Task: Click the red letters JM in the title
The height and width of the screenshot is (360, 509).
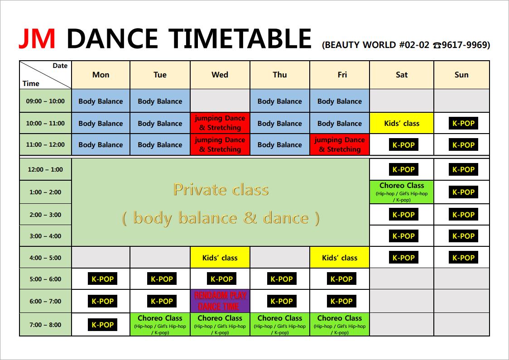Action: (x=37, y=38)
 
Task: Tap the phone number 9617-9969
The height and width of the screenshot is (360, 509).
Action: (x=466, y=45)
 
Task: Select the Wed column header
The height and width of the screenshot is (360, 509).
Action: (x=220, y=75)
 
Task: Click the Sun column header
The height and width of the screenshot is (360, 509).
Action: (x=461, y=75)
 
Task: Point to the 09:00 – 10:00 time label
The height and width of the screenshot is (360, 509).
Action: (x=45, y=101)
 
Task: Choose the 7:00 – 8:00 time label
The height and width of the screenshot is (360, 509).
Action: (x=45, y=325)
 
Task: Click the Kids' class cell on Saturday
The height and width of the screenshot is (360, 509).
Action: (x=402, y=123)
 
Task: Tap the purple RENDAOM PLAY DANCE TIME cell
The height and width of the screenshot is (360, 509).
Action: (x=220, y=301)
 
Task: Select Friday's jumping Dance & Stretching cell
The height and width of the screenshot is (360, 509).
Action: (x=340, y=144)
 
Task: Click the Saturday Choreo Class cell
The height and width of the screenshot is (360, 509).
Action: (x=402, y=192)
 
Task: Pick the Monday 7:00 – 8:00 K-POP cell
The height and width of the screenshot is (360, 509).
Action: (x=103, y=325)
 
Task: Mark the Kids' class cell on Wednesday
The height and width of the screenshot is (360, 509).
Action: (x=220, y=257)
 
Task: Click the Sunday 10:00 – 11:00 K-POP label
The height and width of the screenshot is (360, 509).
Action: (x=463, y=123)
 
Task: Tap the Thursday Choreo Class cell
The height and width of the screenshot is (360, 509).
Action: (x=280, y=324)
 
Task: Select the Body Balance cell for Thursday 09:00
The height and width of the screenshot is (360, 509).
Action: (x=280, y=101)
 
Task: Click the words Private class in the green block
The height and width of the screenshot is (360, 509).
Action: (x=221, y=190)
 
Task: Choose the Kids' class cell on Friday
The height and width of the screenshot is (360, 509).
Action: (x=340, y=257)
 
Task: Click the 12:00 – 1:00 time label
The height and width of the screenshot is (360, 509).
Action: (x=45, y=169)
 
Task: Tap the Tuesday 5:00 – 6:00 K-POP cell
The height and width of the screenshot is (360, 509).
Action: (x=162, y=279)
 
